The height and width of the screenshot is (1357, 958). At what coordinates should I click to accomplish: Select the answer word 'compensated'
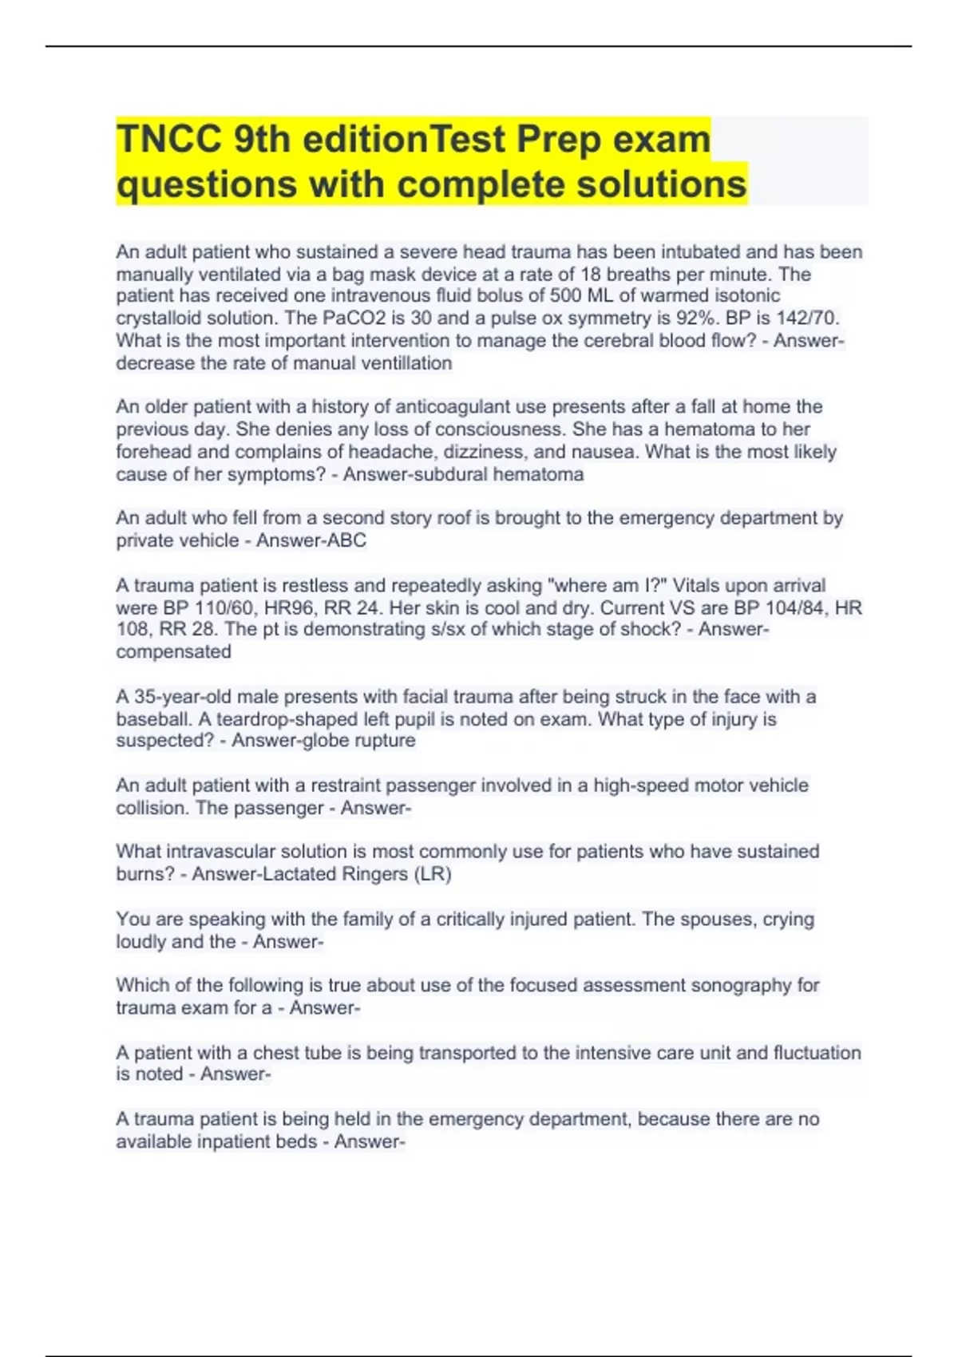[x=173, y=652]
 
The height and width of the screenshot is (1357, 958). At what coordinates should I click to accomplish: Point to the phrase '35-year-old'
[x=182, y=697]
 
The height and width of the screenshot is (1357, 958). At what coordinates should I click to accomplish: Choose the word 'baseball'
[x=151, y=719]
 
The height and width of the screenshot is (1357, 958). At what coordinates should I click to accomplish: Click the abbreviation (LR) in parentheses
[x=432, y=874]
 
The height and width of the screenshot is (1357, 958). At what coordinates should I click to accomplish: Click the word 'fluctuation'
[x=817, y=1053]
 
